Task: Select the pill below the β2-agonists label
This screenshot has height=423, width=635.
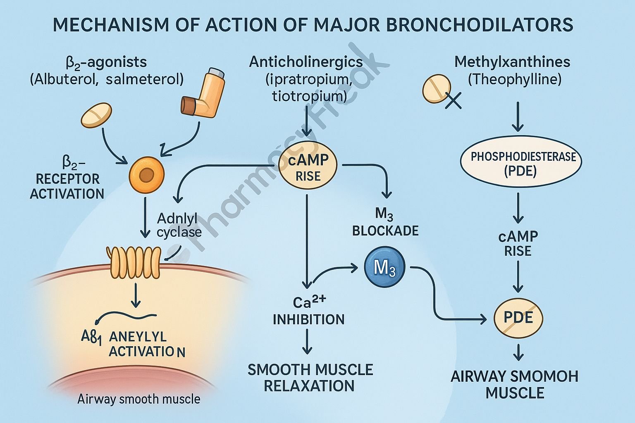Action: click(x=96, y=114)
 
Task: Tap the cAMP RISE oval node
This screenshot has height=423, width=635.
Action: click(x=308, y=167)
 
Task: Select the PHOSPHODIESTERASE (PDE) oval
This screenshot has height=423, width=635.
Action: click(x=520, y=164)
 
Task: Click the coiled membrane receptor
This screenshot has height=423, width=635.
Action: click(x=133, y=262)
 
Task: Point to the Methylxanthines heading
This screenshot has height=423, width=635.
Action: click(x=512, y=62)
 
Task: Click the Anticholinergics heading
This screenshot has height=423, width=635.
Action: click(x=306, y=62)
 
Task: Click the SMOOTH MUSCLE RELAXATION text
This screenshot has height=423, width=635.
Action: click(x=310, y=378)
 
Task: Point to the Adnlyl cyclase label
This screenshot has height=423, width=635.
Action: click(x=179, y=225)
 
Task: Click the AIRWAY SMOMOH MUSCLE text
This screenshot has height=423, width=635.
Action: click(x=514, y=384)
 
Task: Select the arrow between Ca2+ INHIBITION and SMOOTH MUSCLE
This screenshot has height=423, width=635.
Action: click(x=307, y=342)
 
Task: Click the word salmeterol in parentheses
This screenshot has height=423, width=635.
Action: click(x=145, y=79)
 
